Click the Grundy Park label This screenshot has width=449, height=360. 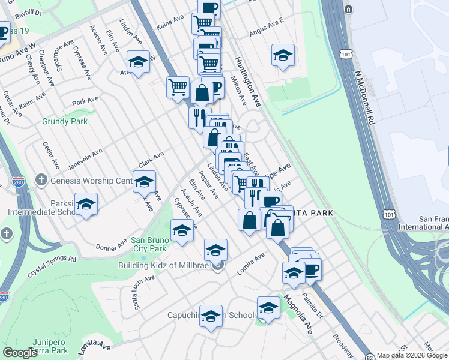[x=65, y=121]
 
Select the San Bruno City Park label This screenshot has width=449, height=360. [x=149, y=244]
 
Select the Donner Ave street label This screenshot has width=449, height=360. [x=109, y=247]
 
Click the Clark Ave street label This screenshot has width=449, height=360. [x=151, y=160]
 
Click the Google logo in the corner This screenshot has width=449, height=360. [x=20, y=353]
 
